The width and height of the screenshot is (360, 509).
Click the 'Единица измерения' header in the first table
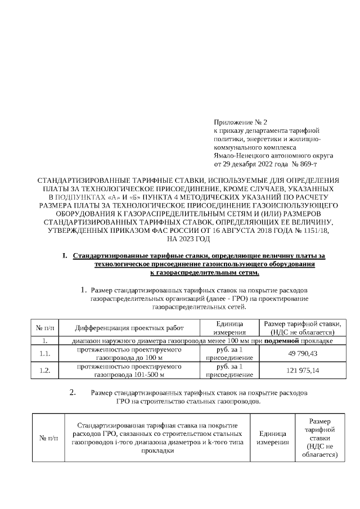tap(228, 328)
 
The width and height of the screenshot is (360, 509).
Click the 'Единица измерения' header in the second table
tap(273, 438)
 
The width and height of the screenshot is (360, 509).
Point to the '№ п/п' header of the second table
tap(48, 438)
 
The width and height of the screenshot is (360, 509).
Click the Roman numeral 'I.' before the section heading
tap(66, 256)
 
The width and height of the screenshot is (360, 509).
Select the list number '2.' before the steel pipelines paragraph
tap(73, 393)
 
